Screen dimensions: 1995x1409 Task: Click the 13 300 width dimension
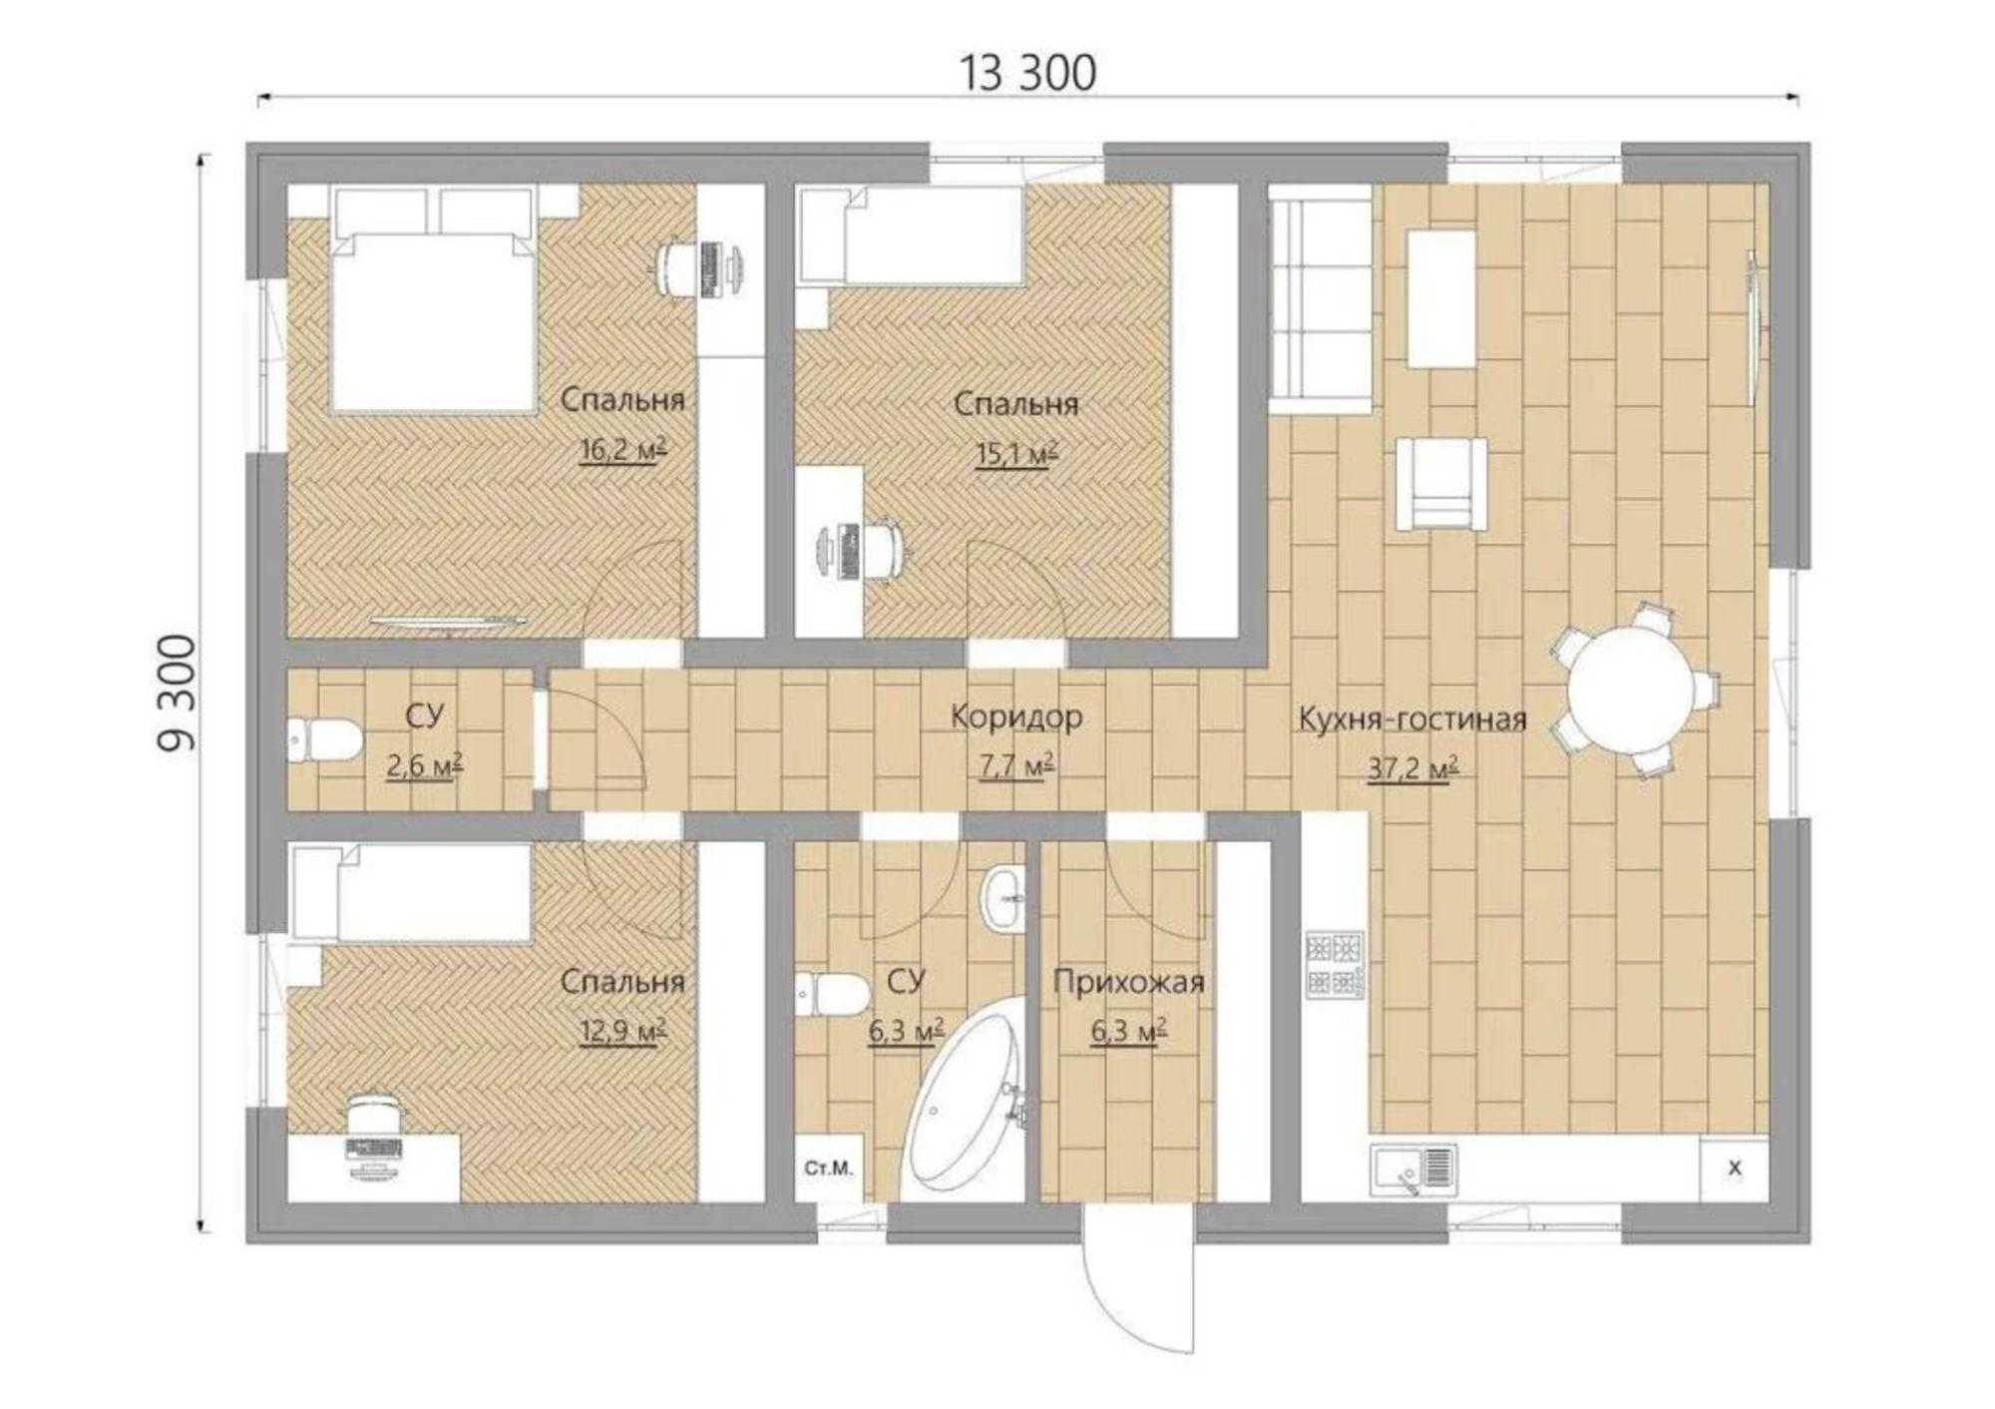pyautogui.click(x=1027, y=73)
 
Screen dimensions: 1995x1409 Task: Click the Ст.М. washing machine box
pyautogui.click(x=829, y=1168)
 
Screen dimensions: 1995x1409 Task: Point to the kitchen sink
pyautogui.click(x=1413, y=1171)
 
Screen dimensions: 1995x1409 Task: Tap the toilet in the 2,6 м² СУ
pyautogui.click(x=324, y=740)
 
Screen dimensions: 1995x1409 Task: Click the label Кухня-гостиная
pyautogui.click(x=1411, y=718)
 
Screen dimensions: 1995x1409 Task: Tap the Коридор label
pyautogui.click(x=1016, y=716)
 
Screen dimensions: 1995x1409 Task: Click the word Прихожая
pyautogui.click(x=1128, y=982)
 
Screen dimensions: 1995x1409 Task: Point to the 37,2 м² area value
pyautogui.click(x=1413, y=769)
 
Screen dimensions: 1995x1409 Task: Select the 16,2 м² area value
pyautogui.click(x=623, y=450)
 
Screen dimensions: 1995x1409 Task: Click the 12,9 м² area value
pyautogui.click(x=623, y=1031)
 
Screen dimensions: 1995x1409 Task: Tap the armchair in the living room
pyautogui.click(x=1441, y=484)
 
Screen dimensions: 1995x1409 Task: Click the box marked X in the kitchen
pyautogui.click(x=1734, y=1169)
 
